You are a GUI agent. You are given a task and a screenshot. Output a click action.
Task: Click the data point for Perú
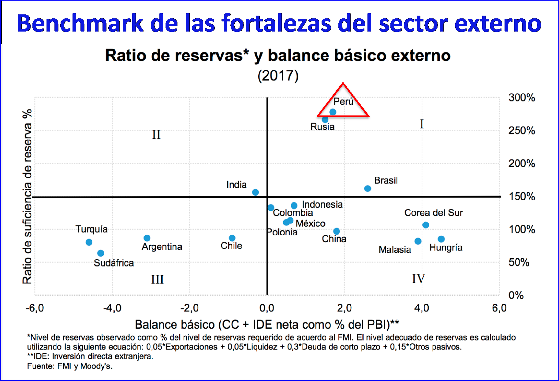tap(333, 112)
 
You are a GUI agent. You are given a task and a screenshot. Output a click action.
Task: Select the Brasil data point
tap(367, 189)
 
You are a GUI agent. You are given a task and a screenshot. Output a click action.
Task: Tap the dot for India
tap(255, 192)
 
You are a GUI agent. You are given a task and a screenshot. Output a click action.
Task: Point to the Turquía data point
tap(89, 242)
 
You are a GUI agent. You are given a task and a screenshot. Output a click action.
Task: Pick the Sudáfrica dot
tap(101, 253)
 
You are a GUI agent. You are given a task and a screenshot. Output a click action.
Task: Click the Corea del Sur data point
tap(426, 225)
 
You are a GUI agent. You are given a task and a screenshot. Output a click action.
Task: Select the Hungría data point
tap(441, 239)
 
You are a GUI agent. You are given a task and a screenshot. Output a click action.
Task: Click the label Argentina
tap(162, 247)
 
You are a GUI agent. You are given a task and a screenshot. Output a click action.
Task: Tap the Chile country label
tap(231, 246)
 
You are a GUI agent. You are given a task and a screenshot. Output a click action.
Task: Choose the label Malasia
tap(395, 250)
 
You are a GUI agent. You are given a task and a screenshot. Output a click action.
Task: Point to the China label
tap(334, 239)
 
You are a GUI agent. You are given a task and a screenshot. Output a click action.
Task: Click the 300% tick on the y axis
tap(522, 98)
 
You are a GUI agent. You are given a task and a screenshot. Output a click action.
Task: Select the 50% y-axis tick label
tap(519, 262)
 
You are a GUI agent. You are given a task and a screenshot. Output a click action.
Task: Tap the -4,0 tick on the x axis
tap(112, 308)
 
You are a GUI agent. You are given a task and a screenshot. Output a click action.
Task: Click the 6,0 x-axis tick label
tap(499, 308)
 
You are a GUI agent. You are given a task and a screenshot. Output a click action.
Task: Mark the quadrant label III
tap(157, 280)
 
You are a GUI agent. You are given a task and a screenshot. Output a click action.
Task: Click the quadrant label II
tap(156, 135)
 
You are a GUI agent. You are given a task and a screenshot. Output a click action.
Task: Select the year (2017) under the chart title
tap(278, 76)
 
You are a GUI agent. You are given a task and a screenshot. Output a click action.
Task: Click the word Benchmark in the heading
tap(80, 23)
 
